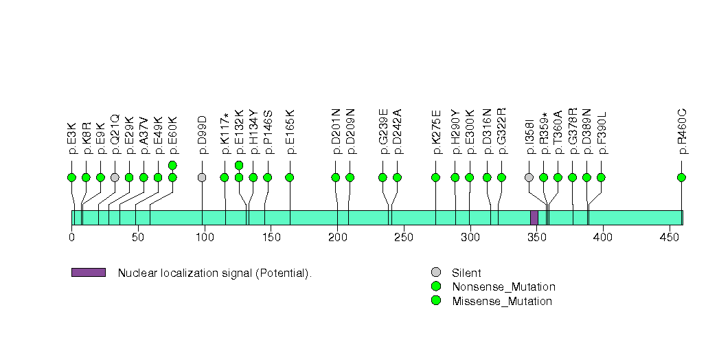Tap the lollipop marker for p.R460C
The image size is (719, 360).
[x=681, y=177]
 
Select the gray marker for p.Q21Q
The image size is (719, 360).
[x=115, y=177]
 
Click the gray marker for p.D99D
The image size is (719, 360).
[x=202, y=177]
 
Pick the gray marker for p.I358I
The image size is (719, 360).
[x=529, y=177]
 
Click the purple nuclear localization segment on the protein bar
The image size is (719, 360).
[x=534, y=217]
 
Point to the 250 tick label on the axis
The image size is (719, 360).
[x=403, y=237]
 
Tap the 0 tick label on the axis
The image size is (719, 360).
[x=71, y=237]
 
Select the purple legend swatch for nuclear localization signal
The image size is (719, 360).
[x=88, y=273]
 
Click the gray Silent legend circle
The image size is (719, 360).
[x=435, y=273]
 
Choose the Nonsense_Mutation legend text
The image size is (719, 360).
[x=503, y=287]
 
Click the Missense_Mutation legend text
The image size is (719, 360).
[x=501, y=301]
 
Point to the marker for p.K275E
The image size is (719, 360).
[x=435, y=177]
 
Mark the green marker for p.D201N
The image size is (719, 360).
[x=336, y=177]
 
